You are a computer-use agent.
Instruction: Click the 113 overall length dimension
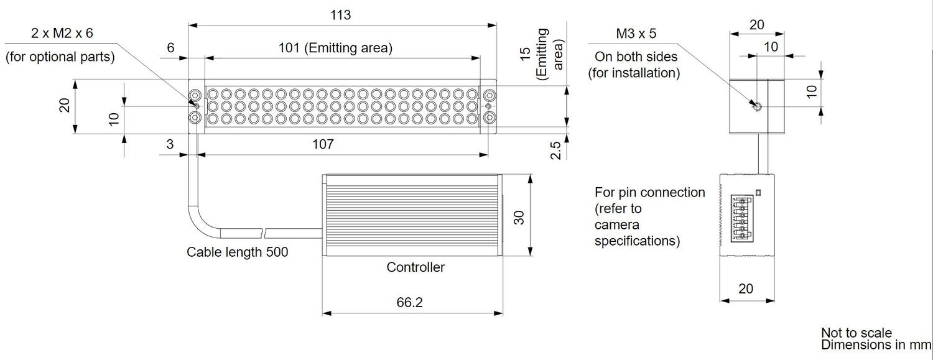341,15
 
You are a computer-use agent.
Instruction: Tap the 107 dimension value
323,144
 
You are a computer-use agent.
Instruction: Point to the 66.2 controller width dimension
409,302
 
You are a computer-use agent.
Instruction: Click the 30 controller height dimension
519,217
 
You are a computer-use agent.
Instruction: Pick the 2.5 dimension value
556,150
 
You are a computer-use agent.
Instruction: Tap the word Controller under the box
415,267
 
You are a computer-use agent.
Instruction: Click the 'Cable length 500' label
238,252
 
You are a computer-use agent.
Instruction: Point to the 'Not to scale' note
856,333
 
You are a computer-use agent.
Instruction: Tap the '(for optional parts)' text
60,57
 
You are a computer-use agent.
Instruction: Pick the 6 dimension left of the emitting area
170,48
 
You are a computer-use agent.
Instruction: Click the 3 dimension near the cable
170,144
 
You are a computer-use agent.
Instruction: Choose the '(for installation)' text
634,73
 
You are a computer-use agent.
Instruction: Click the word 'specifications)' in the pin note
637,241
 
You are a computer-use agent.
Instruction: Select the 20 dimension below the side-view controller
746,288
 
